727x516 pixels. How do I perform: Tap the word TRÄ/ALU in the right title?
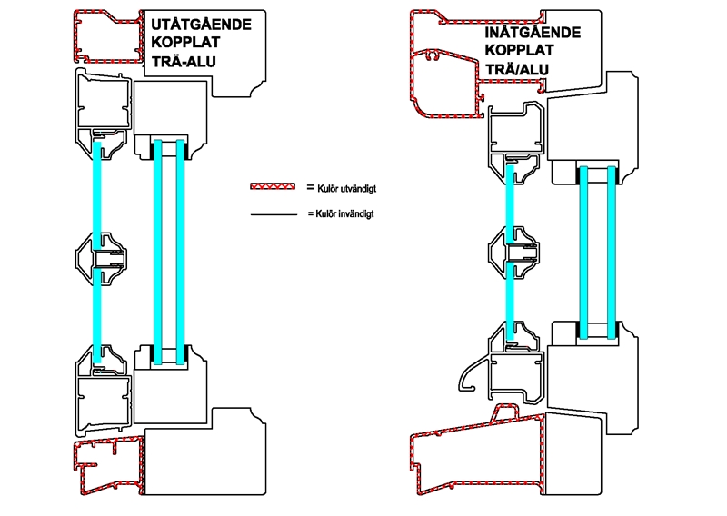pyautogui.click(x=514, y=70)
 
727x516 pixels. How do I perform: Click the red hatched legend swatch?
pyautogui.click(x=273, y=186)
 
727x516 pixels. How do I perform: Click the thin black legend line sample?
pyautogui.click(x=273, y=214)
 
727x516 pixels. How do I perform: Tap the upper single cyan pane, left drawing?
pyautogui.click(x=95, y=191)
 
